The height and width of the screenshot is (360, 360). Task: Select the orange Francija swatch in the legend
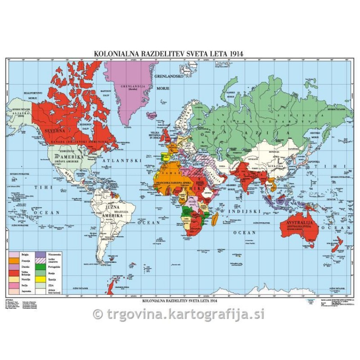14,261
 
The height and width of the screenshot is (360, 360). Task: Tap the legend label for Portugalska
54,267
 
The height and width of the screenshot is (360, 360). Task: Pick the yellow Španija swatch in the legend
40,279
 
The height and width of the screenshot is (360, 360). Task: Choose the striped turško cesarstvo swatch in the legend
40,261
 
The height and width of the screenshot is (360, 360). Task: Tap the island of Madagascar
216,220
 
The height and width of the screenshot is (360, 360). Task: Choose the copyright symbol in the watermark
97,314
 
